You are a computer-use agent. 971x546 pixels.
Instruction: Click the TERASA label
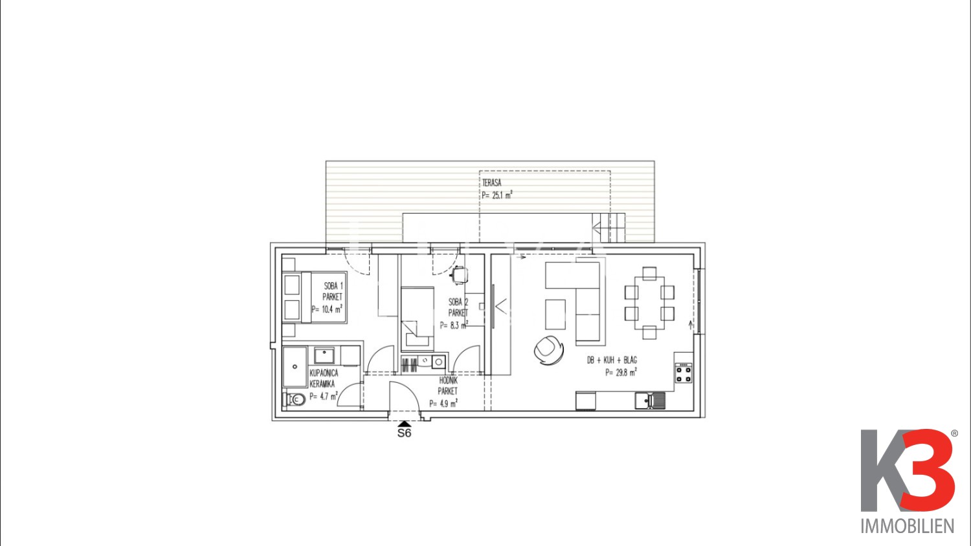point(491,183)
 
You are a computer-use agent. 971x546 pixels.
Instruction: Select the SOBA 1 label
point(333,286)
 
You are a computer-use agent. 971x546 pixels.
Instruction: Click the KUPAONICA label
point(324,373)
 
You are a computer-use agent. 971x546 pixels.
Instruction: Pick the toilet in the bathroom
point(295,399)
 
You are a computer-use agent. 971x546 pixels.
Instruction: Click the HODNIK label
point(448,380)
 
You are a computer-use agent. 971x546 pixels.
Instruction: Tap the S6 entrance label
point(404,433)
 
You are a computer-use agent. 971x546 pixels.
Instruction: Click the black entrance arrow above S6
point(404,424)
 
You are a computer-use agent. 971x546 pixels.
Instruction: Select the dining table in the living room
point(649,303)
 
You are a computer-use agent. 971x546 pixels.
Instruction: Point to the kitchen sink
point(650,400)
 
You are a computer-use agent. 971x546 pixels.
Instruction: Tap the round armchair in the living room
point(549,350)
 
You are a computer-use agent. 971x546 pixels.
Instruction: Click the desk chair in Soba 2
point(460,275)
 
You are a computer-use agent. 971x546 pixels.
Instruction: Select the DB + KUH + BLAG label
point(612,360)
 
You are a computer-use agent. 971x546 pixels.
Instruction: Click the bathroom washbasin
point(324,356)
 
